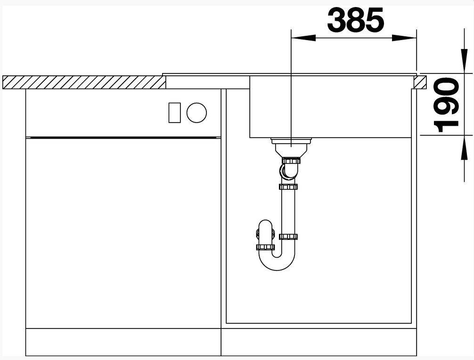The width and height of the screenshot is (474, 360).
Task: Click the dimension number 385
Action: (x=355, y=20)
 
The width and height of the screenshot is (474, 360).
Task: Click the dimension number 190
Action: (x=446, y=105)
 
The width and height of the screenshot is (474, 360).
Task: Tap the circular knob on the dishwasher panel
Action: (x=196, y=113)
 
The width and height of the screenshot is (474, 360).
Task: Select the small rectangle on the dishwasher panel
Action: (x=174, y=113)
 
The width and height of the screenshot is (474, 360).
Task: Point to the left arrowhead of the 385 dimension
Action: (x=303, y=38)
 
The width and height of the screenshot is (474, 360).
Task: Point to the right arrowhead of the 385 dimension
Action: (x=404, y=38)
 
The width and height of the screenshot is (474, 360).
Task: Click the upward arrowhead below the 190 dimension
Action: (x=464, y=147)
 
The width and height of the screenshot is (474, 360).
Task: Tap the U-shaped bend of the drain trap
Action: (x=277, y=262)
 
